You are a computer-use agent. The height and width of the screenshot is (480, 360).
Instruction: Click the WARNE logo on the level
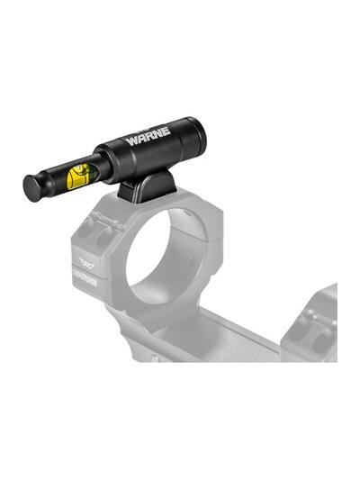(148, 139)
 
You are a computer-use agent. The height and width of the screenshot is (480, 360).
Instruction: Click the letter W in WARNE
(131, 142)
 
